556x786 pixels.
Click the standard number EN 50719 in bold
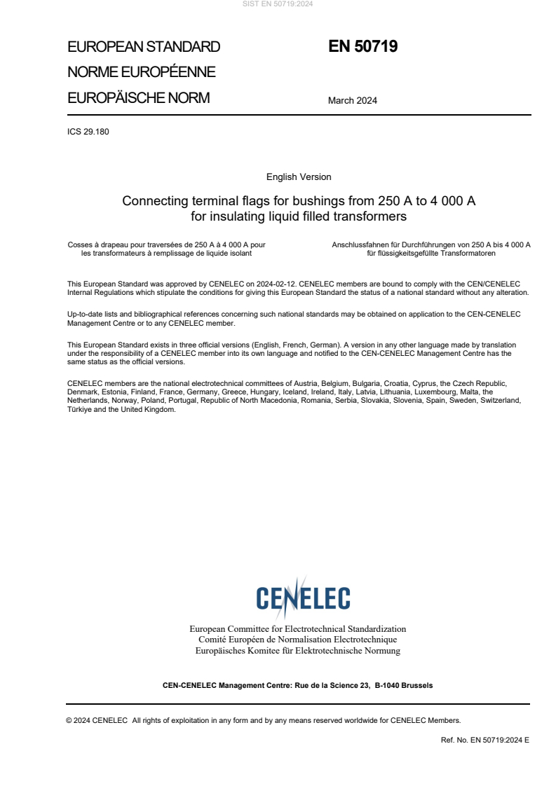coord(362,47)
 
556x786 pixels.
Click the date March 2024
coord(352,100)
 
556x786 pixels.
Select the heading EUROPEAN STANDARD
coord(144,48)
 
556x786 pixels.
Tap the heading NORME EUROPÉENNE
coord(141,73)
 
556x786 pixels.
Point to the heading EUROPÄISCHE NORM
coord(138,98)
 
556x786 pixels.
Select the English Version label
coord(299,177)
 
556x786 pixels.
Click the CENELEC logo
coord(303,598)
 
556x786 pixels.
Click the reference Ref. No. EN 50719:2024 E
coord(484,738)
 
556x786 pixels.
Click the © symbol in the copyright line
coord(69,719)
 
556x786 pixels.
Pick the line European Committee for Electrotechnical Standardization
coord(297,629)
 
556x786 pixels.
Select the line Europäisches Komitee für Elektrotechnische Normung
coord(297,650)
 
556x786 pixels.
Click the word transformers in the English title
coord(372,216)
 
